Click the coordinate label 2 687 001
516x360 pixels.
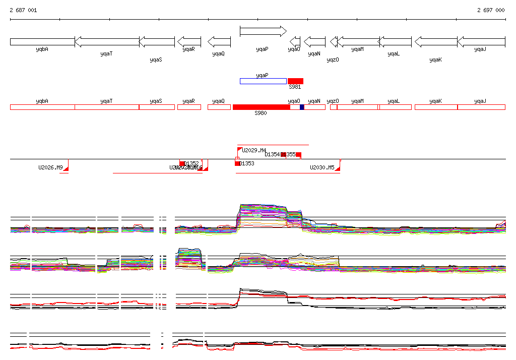(x=23, y=10)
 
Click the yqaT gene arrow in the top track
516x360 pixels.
(x=107, y=42)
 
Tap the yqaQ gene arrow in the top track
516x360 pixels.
(x=219, y=42)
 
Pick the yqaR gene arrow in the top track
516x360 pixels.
(x=189, y=42)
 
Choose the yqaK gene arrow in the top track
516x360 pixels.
(x=435, y=42)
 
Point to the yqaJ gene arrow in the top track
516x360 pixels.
(x=481, y=42)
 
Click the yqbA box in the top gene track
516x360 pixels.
(x=42, y=42)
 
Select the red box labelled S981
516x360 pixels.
(x=295, y=81)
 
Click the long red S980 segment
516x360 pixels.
(x=261, y=107)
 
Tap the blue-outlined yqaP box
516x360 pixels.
(x=263, y=81)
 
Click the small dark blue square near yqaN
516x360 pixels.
(x=302, y=107)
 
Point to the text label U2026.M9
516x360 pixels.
(x=50, y=167)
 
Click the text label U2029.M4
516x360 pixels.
(x=254, y=150)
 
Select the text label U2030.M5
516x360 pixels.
(x=322, y=167)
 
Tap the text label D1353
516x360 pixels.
(x=247, y=163)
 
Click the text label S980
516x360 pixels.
(x=261, y=113)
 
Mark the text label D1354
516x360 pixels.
(x=272, y=154)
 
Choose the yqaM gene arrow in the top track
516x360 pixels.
(x=358, y=42)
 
